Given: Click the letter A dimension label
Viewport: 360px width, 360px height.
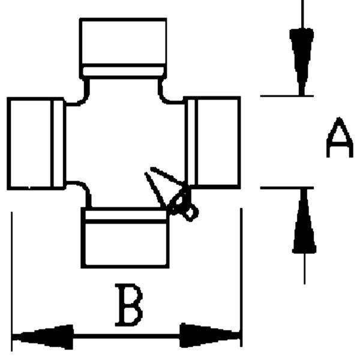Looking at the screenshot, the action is [340, 138].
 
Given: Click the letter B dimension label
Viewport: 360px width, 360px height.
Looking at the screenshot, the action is [129, 305].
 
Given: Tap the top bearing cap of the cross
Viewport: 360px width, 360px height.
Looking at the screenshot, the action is [123, 48].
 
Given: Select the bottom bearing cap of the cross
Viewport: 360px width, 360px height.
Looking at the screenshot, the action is [125, 238].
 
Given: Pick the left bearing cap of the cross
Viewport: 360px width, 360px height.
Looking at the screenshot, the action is [36, 144].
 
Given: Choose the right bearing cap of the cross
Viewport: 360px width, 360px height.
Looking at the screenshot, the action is [212, 143].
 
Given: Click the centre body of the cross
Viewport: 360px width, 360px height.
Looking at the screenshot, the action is [125, 142].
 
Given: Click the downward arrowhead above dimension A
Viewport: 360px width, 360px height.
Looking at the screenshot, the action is [302, 62].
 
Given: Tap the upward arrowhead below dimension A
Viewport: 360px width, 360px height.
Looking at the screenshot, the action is [304, 221].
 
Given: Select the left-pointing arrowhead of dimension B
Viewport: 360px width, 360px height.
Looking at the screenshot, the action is [43, 337].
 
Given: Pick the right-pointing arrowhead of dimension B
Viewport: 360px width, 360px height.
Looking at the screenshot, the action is [210, 335].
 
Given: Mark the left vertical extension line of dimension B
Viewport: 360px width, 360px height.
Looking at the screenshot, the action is [12, 281].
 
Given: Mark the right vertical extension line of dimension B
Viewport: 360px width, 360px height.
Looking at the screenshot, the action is [241, 277].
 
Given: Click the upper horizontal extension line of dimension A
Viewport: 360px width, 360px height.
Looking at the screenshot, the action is [287, 96].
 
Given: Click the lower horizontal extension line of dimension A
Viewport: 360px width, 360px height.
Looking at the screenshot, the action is [287, 188].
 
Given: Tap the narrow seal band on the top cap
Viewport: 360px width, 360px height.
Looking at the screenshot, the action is [123, 71].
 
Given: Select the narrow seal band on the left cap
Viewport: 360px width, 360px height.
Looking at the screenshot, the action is [58, 144].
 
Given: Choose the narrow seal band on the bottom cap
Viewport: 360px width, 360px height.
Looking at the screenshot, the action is [126, 215].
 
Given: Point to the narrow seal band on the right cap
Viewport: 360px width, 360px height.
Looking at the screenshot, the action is [191, 142].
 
